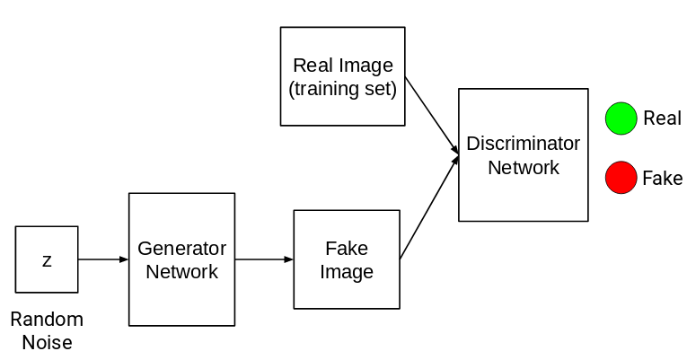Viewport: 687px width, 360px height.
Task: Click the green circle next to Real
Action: click(x=621, y=119)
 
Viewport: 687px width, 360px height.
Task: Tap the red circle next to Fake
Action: click(x=621, y=178)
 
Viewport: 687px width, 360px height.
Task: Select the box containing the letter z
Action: click(x=47, y=259)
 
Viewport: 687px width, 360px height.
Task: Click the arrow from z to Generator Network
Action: click(x=103, y=259)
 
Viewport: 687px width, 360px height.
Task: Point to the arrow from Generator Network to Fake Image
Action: click(x=264, y=259)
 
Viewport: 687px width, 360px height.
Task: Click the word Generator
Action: click(x=181, y=248)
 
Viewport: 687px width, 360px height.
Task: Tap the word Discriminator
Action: click(x=524, y=144)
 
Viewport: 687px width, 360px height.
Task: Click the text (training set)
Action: click(x=342, y=89)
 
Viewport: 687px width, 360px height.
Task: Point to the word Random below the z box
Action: click(x=47, y=319)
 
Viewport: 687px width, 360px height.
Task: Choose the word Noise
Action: click(x=47, y=342)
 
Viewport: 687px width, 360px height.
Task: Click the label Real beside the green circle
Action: click(x=663, y=119)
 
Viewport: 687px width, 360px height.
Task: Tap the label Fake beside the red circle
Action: click(x=663, y=178)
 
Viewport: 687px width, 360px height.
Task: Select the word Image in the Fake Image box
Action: click(x=347, y=272)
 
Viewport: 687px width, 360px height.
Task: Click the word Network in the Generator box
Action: click(x=181, y=271)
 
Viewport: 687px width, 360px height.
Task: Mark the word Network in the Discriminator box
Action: click(x=524, y=167)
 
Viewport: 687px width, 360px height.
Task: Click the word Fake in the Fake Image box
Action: click(x=347, y=249)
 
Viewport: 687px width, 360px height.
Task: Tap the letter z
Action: click(x=47, y=260)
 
